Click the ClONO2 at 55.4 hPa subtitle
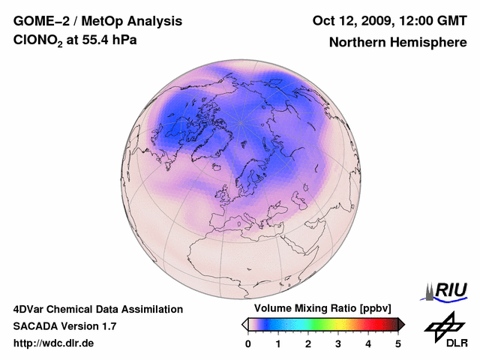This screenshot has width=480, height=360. click(x=75, y=40)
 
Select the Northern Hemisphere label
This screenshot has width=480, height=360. click(x=397, y=42)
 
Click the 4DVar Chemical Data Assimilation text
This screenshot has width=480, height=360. click(x=97, y=309)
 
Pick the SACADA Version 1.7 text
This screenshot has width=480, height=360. click(x=64, y=326)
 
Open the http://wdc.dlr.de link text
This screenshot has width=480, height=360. click(x=54, y=343)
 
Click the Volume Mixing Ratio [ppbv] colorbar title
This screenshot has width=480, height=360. click(x=319, y=309)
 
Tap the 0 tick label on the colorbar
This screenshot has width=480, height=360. click(x=248, y=343)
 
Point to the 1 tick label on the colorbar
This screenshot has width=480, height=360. click(x=278, y=343)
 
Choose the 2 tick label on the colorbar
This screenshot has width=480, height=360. click(x=308, y=343)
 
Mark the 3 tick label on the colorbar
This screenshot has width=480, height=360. click(x=338, y=343)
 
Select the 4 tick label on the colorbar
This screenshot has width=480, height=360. click(x=368, y=343)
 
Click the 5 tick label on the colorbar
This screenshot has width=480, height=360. click(x=398, y=343)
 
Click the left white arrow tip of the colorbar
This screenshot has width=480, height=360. click(x=244, y=324)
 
